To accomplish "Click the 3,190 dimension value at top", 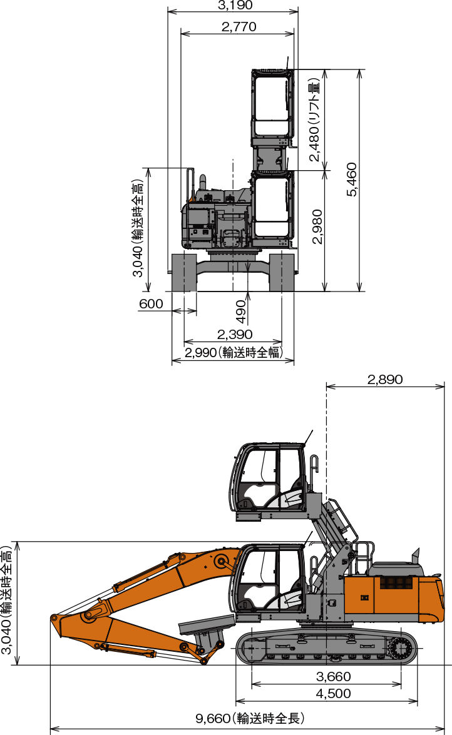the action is (x=235, y=5).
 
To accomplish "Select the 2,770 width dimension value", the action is (x=239, y=27).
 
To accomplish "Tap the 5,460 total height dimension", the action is (x=352, y=180).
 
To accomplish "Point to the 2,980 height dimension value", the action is (x=317, y=226).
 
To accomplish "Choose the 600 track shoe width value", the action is (x=151, y=304).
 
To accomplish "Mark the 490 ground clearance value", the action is (x=241, y=312).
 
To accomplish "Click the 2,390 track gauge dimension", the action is (x=235, y=335).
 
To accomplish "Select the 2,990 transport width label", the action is (x=234, y=352).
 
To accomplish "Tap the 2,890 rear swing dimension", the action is (x=385, y=379).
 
